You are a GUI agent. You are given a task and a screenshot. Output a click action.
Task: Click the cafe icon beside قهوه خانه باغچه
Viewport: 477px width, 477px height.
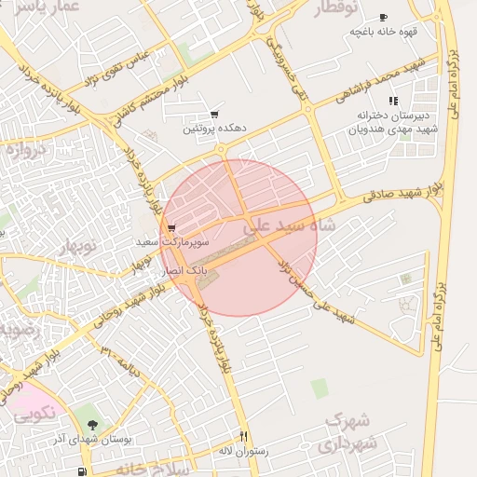[x=383, y=18]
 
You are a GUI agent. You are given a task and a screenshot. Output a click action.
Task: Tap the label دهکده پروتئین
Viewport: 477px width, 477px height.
[x=213, y=128]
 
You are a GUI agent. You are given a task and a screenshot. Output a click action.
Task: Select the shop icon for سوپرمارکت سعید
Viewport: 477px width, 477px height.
[x=171, y=228]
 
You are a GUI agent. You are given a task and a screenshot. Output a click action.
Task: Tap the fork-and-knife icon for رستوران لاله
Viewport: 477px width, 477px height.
[x=243, y=435]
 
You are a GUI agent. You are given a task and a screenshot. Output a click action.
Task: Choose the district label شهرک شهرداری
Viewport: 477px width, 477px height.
[x=347, y=433]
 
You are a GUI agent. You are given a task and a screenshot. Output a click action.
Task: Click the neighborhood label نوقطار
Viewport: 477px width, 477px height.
[x=336, y=8]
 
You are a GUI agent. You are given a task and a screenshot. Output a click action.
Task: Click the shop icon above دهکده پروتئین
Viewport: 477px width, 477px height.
[x=214, y=114]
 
